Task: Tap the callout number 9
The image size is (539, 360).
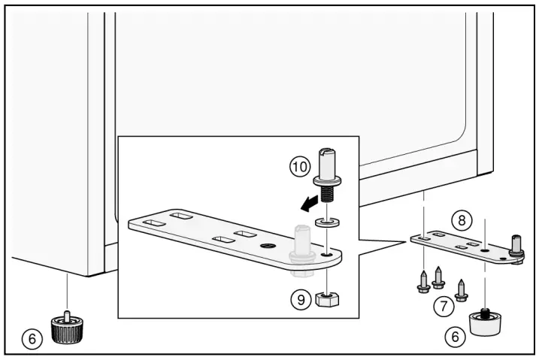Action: [x=301, y=298]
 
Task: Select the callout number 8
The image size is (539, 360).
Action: [x=461, y=220]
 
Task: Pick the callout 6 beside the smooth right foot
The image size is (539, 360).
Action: [x=454, y=337]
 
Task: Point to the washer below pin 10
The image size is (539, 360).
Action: [x=325, y=222]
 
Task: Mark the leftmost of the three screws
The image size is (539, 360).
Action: [x=424, y=282]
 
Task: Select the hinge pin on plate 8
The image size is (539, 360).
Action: [x=516, y=246]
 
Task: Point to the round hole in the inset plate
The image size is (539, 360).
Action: [x=265, y=247]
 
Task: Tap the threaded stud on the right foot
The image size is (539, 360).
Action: [x=485, y=310]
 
